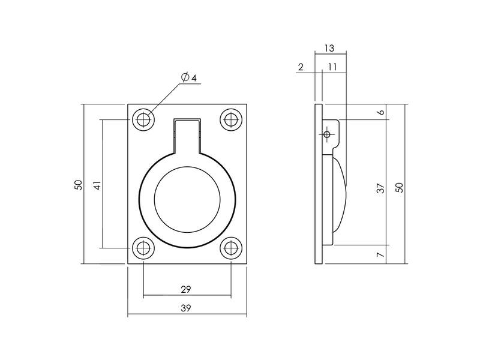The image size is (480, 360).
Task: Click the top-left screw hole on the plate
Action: [x=143, y=119]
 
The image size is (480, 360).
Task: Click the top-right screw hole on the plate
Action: [x=231, y=119]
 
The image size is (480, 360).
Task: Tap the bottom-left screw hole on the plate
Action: [x=143, y=248]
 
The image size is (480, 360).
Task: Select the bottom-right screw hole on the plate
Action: [x=231, y=248]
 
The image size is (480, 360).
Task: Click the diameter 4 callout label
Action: [x=188, y=78]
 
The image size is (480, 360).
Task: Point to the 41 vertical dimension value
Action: [x=97, y=185]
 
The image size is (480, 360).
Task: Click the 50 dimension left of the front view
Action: [x=79, y=185]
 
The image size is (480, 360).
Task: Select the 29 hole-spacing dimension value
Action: [x=186, y=289]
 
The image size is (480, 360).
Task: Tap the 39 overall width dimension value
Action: [x=186, y=308]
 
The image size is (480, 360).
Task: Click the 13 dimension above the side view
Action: [x=329, y=48]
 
